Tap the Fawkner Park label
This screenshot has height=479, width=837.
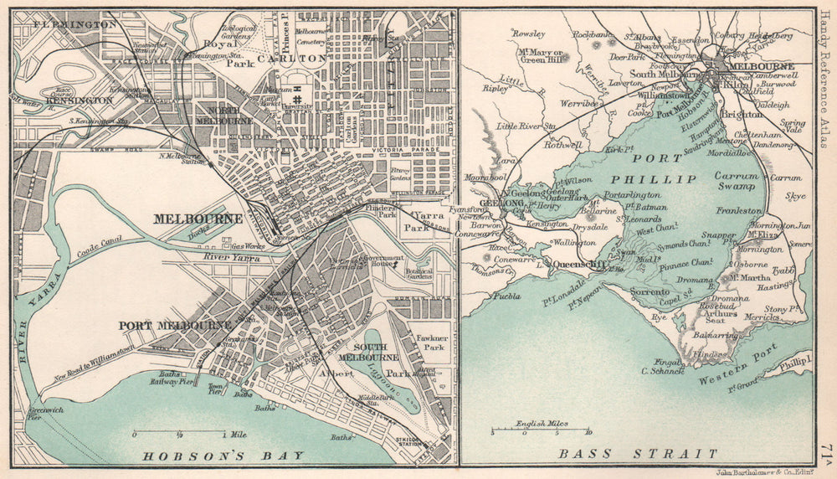point(433,341)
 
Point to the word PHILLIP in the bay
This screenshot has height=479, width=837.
point(665,179)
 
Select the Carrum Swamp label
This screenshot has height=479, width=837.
point(735,182)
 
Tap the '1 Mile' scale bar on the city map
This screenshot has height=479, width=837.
point(180,432)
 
